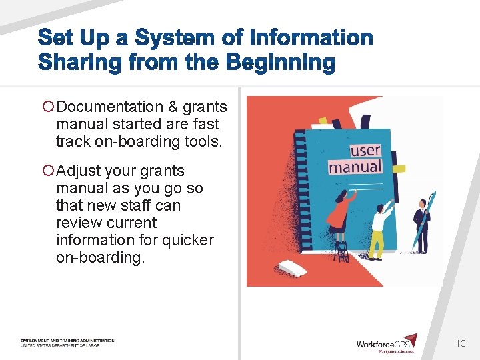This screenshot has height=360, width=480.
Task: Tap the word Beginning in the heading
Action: click(279, 63)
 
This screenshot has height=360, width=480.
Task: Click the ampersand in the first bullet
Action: click(173, 107)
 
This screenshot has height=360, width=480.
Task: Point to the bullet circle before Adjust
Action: click(47, 171)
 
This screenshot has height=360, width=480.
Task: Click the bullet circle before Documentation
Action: click(47, 107)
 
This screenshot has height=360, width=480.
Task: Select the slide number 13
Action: click(460, 343)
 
